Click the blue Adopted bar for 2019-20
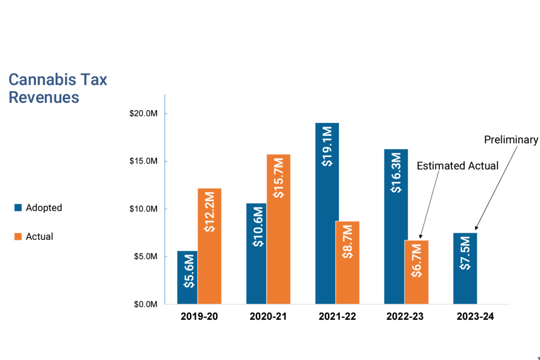[x=187, y=278]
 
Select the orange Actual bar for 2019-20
[x=209, y=246]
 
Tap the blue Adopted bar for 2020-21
[x=256, y=254]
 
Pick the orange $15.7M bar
[x=278, y=229]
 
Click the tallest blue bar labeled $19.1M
[x=327, y=213]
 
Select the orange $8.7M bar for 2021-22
[x=347, y=262]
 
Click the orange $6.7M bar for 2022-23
[x=416, y=272]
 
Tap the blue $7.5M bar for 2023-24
[x=465, y=268]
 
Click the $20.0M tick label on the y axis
[x=143, y=114]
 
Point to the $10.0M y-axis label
[x=143, y=209]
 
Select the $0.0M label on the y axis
[x=144, y=305]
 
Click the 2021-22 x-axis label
[x=337, y=317]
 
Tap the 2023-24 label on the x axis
[x=475, y=317]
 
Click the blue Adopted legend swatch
[x=17, y=208]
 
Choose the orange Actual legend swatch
[x=17, y=237]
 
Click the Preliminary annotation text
[x=511, y=140]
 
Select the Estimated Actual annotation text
[x=457, y=166]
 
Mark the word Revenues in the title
[x=44, y=98]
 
